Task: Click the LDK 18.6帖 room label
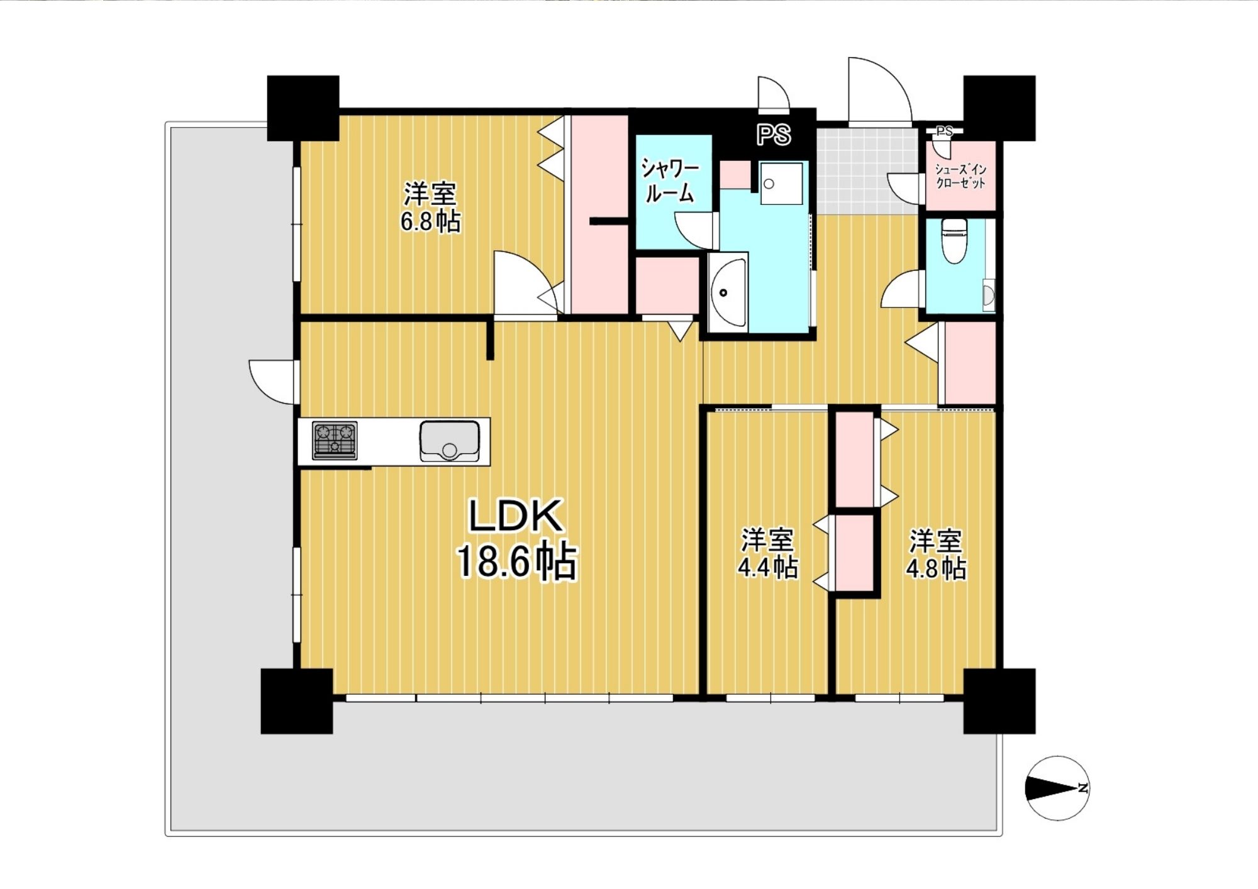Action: point(516,539)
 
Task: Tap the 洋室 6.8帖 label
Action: point(431,207)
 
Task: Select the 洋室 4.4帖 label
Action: point(767,553)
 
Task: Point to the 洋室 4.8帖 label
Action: point(936,553)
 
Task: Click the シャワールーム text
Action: point(670,180)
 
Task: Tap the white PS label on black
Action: point(774,135)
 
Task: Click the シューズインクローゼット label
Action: point(960,177)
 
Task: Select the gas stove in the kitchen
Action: point(335,440)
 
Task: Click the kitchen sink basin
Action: point(450,441)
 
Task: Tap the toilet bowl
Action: point(954,241)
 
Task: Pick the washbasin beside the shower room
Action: point(728,293)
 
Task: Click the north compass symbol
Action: point(1057,788)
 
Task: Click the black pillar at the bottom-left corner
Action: point(297,701)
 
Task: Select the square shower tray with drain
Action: point(781,183)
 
